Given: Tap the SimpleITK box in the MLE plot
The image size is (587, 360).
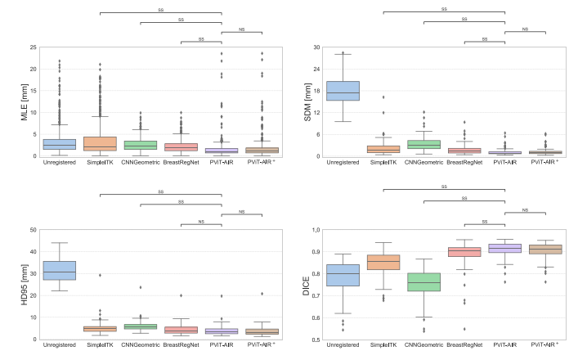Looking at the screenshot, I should click(100, 143).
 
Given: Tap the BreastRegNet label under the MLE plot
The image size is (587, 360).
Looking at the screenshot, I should click(181, 162).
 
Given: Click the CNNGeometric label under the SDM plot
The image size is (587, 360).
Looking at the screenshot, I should click(424, 162).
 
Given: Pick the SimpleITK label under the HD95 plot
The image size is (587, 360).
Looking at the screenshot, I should click(100, 344).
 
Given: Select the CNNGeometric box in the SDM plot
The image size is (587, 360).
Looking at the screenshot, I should click(424, 145).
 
